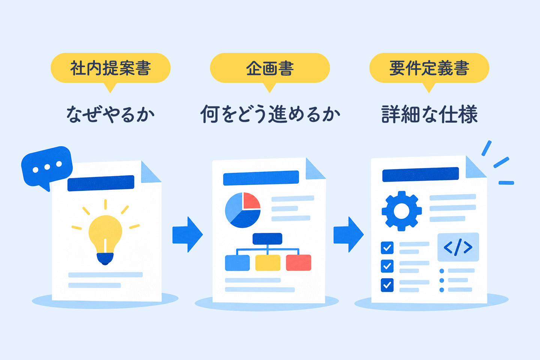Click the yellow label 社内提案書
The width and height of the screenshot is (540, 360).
pos(110,68)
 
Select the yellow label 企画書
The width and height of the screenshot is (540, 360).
pos(270,68)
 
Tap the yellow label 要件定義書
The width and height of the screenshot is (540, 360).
pos(429,68)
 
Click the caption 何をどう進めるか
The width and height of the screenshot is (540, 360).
pos(270,114)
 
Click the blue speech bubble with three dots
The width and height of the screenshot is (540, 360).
pos(47,167)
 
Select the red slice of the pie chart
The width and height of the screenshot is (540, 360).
pos(252,201)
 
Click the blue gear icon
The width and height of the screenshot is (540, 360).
pos(402,211)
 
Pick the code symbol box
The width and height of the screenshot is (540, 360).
pos(458,247)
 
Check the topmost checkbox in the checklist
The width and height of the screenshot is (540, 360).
pos(387,247)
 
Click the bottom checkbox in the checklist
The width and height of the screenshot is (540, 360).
pos(387,285)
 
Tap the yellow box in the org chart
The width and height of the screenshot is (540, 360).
pos(268,262)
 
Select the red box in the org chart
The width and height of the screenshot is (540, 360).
pos(298,262)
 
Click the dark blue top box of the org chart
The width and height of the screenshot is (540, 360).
pos(267,239)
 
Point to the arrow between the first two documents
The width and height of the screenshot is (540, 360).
pos(187,234)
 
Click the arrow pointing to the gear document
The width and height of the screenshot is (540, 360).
pos(348,234)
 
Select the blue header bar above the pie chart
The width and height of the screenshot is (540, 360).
pos(261,178)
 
